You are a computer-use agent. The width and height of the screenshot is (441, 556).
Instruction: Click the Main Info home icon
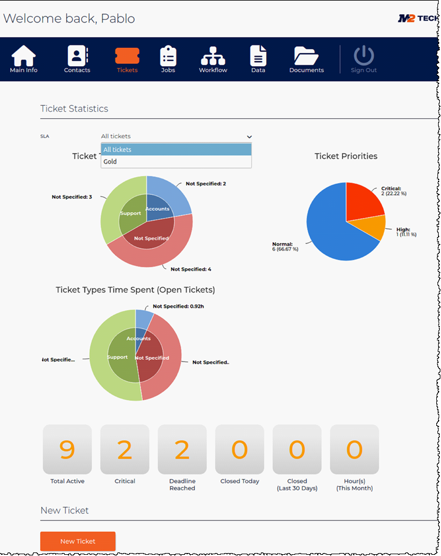24,56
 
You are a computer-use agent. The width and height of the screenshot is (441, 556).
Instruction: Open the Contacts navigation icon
77,56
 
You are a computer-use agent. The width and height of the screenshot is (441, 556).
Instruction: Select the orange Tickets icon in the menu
127,56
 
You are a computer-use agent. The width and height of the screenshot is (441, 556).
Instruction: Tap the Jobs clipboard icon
168,56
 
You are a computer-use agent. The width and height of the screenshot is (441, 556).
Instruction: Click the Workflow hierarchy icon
213,56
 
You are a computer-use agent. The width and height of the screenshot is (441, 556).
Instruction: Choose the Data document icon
258,56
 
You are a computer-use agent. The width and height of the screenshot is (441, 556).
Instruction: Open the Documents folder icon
306,56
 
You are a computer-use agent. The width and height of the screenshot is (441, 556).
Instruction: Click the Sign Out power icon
364,56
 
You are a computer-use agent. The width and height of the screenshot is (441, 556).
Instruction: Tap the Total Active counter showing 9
67,450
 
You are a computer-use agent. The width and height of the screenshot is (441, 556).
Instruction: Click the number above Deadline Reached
182,450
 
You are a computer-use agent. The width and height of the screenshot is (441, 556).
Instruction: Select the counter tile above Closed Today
239,450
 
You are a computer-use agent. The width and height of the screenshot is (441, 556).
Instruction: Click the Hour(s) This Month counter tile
354,450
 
